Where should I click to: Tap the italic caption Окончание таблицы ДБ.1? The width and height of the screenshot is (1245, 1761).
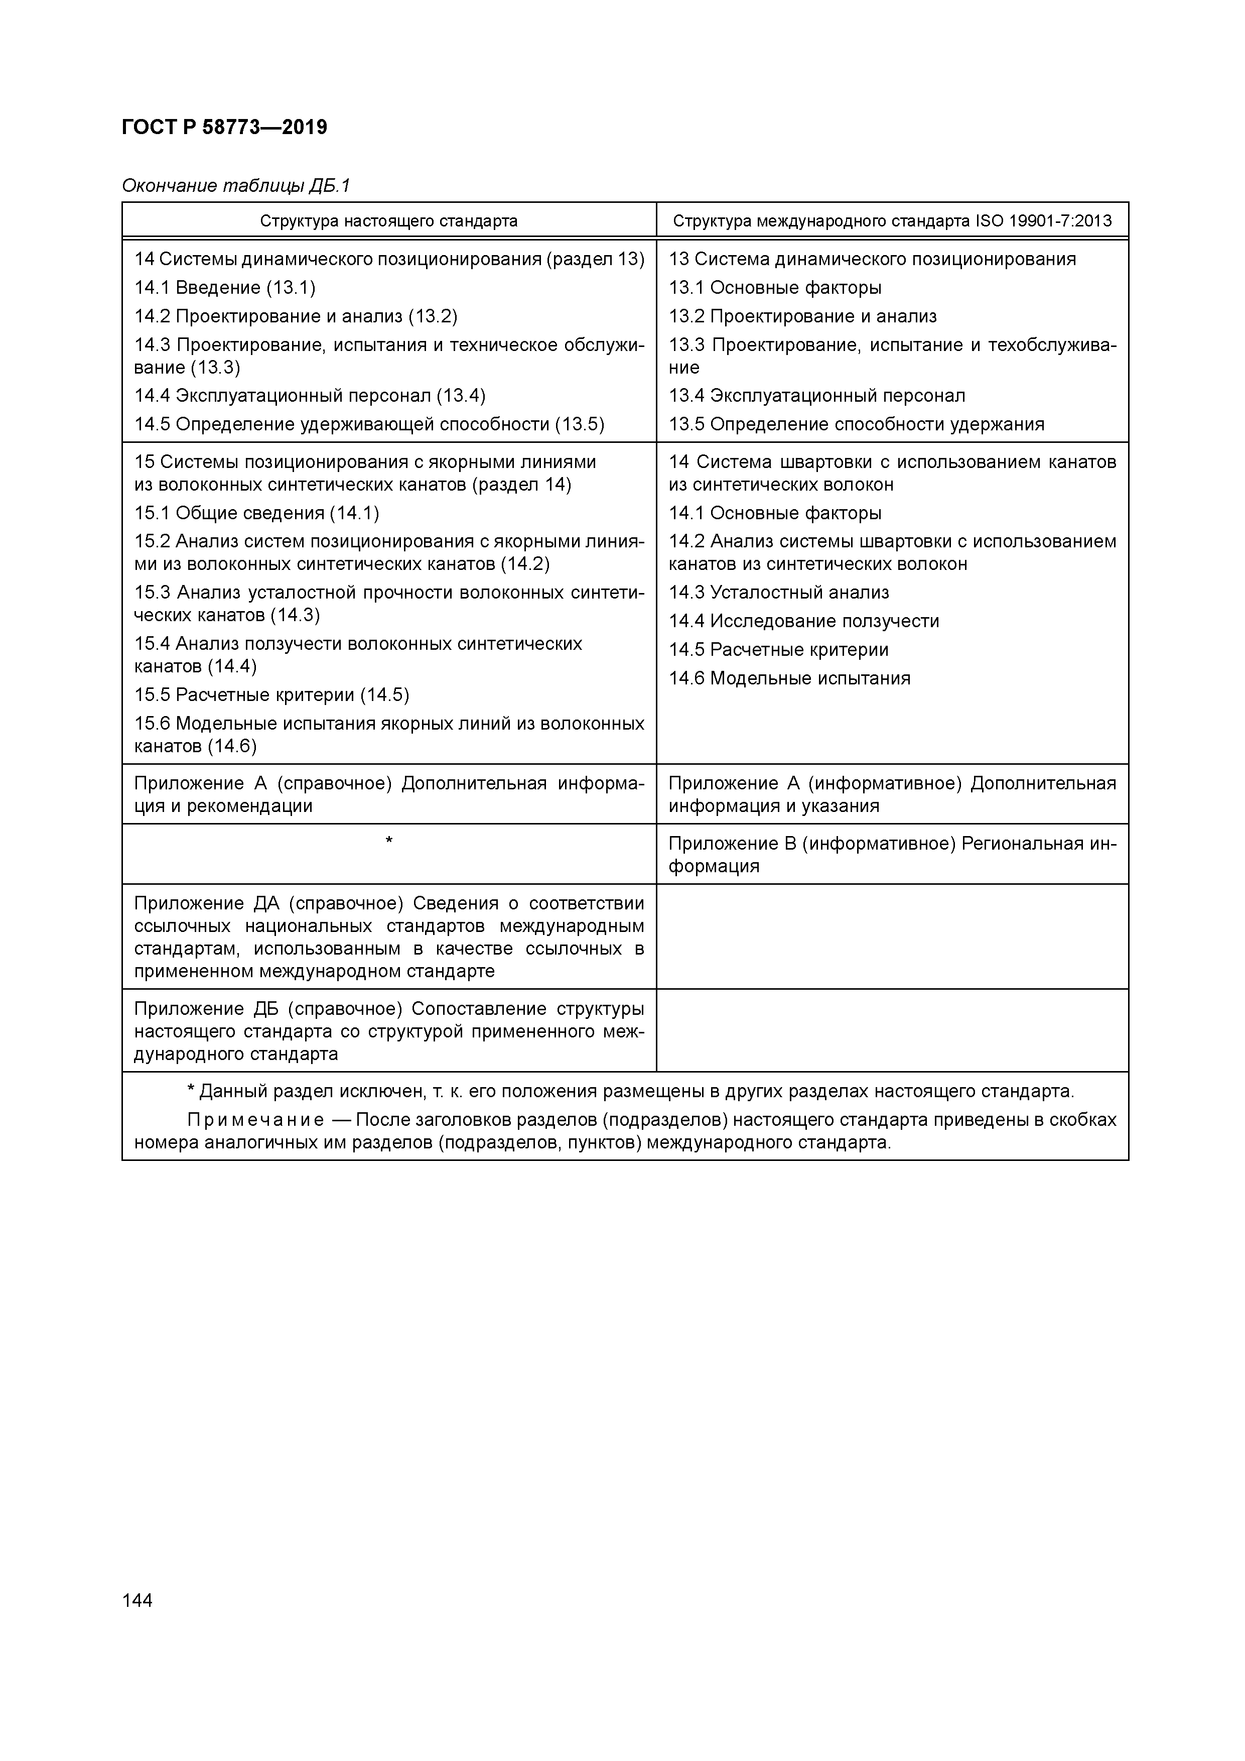(235, 186)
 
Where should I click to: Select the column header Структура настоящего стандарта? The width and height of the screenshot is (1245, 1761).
(389, 221)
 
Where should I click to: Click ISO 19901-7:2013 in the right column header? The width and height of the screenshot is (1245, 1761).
(1043, 221)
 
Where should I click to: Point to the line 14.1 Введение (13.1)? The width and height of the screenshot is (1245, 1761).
(225, 288)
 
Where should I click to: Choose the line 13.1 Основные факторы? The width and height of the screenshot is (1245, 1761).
(774, 288)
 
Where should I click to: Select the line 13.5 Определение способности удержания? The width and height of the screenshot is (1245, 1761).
(856, 425)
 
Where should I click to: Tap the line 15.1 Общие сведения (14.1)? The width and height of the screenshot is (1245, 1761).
(256, 514)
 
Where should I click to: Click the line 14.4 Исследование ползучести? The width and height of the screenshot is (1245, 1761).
(803, 621)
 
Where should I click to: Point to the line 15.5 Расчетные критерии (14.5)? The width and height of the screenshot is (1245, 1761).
(271, 695)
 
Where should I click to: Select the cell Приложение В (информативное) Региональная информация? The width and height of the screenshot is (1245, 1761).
(892, 855)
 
